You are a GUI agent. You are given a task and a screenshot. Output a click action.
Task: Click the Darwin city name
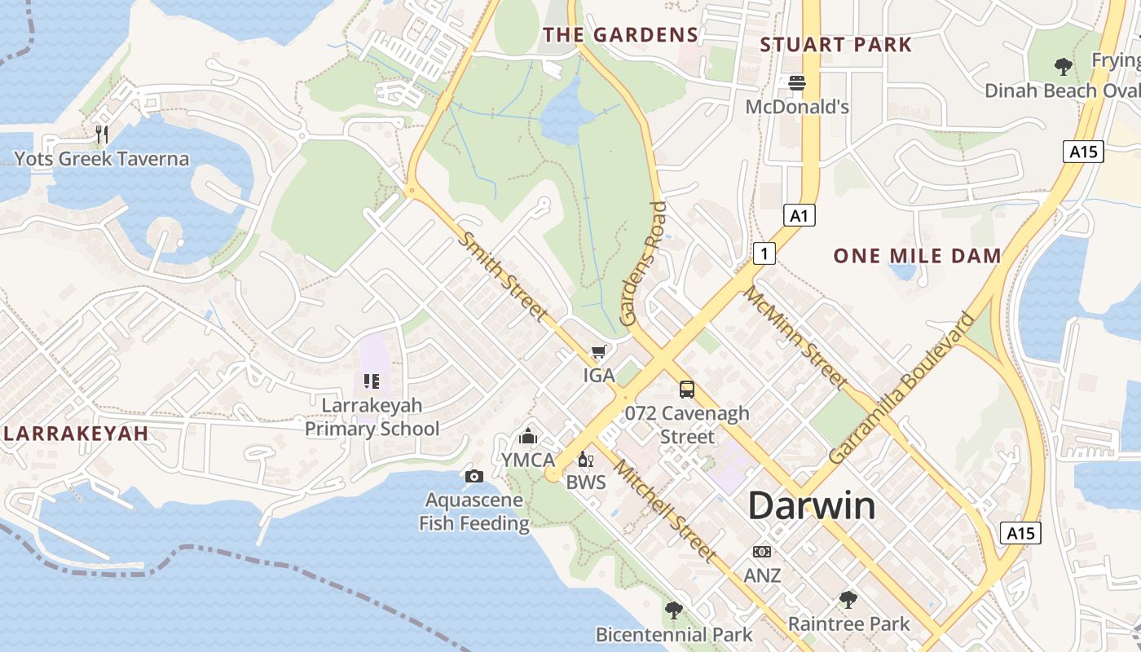tap(812, 506)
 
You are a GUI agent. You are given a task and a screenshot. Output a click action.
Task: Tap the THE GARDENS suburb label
tap(621, 34)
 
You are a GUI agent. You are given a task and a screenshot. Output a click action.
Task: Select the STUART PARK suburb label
tap(835, 44)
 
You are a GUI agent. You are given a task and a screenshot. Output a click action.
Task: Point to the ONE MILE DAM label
tap(917, 256)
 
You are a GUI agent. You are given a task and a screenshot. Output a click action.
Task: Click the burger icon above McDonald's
tap(797, 82)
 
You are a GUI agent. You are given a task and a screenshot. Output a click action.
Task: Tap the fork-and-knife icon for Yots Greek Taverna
tap(102, 134)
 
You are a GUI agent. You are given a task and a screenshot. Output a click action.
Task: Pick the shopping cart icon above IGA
tap(599, 351)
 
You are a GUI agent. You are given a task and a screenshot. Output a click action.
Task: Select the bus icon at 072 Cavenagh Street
tap(687, 389)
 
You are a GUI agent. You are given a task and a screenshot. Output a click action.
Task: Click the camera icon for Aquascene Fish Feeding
tap(474, 476)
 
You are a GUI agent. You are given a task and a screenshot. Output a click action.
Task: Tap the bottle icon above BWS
tap(585, 460)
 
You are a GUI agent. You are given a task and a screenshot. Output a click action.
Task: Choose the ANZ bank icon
tap(762, 552)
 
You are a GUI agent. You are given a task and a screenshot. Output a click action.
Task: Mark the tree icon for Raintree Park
tap(848, 601)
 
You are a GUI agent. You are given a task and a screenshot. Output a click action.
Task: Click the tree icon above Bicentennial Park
tap(674, 610)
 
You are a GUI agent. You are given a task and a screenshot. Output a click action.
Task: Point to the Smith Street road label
tap(503, 275)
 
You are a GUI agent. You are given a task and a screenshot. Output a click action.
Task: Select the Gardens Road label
tap(644, 264)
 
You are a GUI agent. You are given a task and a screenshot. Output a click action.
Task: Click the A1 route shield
tap(800, 215)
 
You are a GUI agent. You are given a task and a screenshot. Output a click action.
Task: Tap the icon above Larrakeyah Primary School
tap(372, 381)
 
